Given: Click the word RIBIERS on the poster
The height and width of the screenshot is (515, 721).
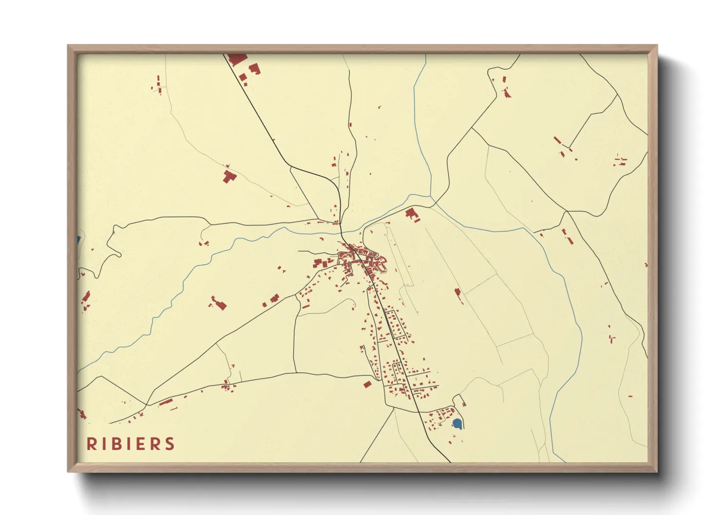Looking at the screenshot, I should point(131,444).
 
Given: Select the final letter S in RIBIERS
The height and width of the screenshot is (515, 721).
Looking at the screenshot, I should point(170,444).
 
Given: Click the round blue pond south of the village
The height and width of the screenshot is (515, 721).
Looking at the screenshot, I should point(457,423).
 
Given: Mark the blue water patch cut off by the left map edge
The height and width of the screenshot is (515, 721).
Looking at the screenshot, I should point(78,240).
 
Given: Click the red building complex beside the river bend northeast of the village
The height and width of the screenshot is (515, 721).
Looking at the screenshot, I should point(412,214).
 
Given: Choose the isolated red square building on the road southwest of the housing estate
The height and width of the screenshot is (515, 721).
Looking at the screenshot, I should point(367,385).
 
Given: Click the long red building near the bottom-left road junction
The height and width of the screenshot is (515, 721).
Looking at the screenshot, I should point(166,402).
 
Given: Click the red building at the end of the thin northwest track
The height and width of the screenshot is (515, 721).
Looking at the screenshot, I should point(228,176).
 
